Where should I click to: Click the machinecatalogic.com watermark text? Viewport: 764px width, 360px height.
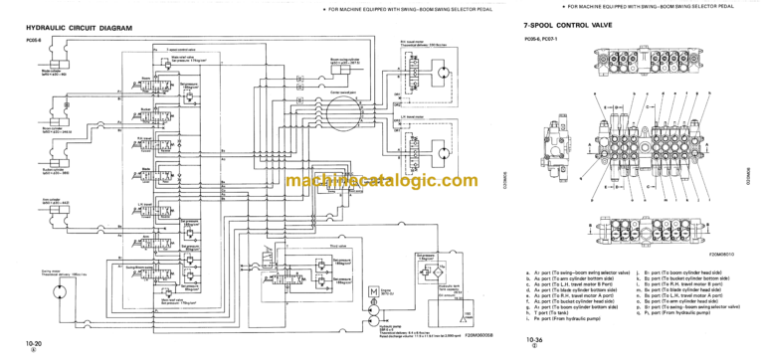point(381,181)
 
